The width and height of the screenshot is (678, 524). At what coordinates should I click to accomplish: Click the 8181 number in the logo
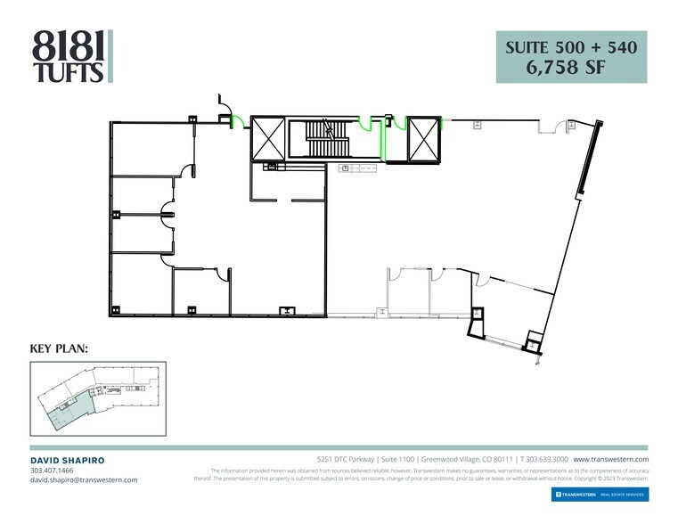tap(69, 43)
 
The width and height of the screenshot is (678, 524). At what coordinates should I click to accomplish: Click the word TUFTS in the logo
tap(69, 72)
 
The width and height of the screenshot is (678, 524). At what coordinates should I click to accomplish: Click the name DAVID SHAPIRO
tap(68, 460)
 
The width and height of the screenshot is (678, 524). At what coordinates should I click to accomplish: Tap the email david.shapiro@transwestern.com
tap(84, 479)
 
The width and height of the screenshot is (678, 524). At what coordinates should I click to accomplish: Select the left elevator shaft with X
tap(268, 138)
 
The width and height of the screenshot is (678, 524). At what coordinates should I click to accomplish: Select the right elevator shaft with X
tap(423, 139)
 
